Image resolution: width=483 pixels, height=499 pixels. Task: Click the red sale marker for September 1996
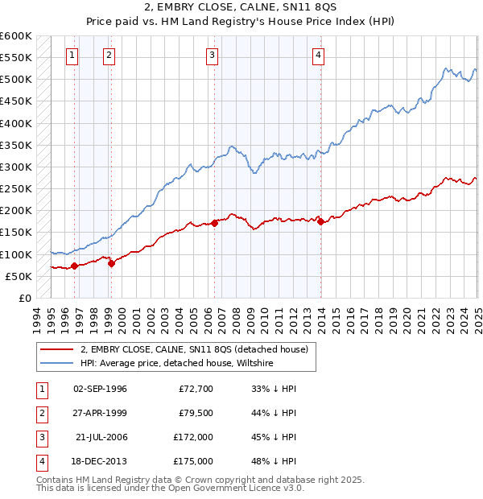(75, 266)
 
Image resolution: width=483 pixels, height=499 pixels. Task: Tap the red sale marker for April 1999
(111, 262)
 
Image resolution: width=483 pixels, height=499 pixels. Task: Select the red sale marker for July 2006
(215, 223)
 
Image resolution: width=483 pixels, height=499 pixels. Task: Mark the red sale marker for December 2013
(321, 221)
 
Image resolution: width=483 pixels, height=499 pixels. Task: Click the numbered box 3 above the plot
(212, 56)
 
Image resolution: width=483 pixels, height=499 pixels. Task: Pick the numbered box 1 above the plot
(72, 56)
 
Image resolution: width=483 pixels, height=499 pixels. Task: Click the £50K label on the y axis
(19, 276)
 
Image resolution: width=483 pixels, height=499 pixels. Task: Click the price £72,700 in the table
(196, 389)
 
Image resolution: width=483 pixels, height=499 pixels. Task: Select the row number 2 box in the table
(40, 413)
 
